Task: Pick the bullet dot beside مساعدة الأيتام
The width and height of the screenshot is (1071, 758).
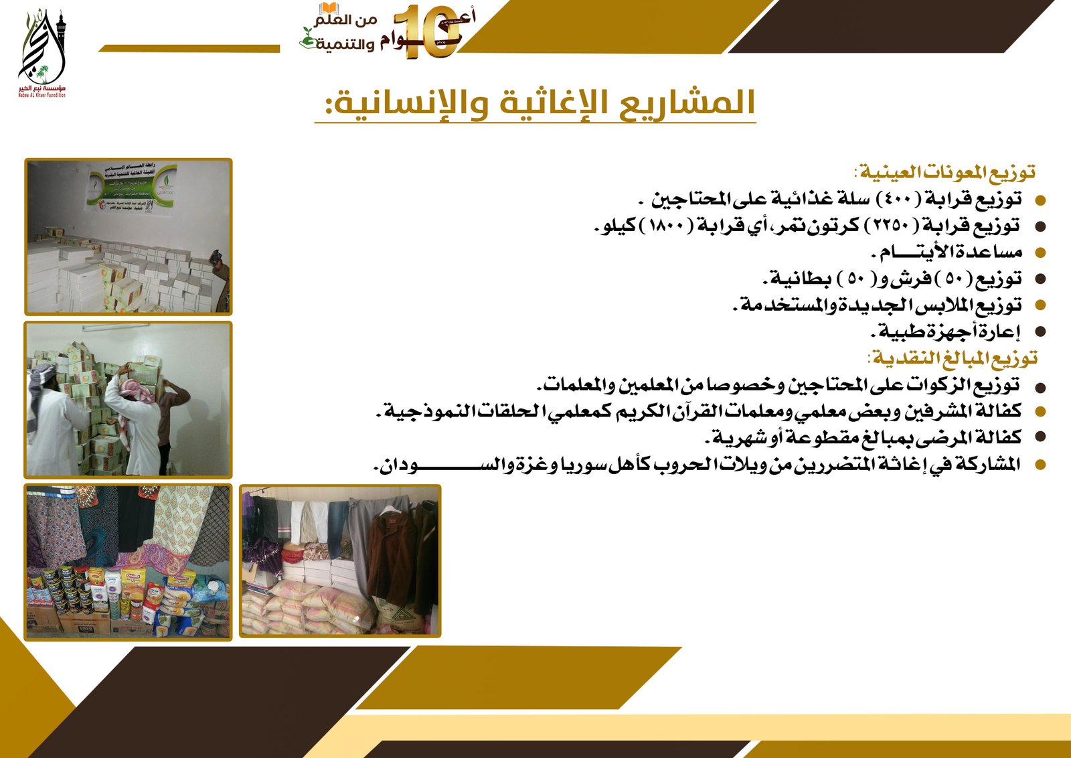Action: pyautogui.click(x=1040, y=253)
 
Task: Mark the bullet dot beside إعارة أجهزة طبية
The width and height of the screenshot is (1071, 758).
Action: pyautogui.click(x=1040, y=331)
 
